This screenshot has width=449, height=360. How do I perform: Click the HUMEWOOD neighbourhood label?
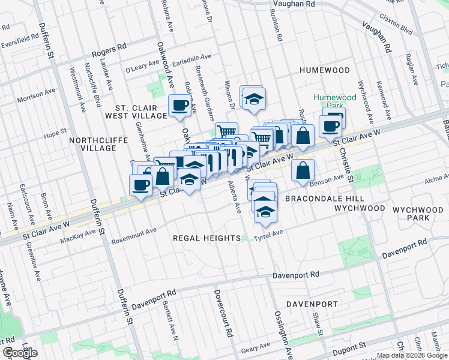(324, 70)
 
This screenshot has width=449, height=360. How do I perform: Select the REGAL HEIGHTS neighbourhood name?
(206, 238)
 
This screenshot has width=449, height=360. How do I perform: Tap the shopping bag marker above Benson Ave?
(303, 170)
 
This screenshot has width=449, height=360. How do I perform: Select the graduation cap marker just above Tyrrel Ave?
(265, 211)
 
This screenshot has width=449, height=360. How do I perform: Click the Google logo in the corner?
(20, 353)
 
